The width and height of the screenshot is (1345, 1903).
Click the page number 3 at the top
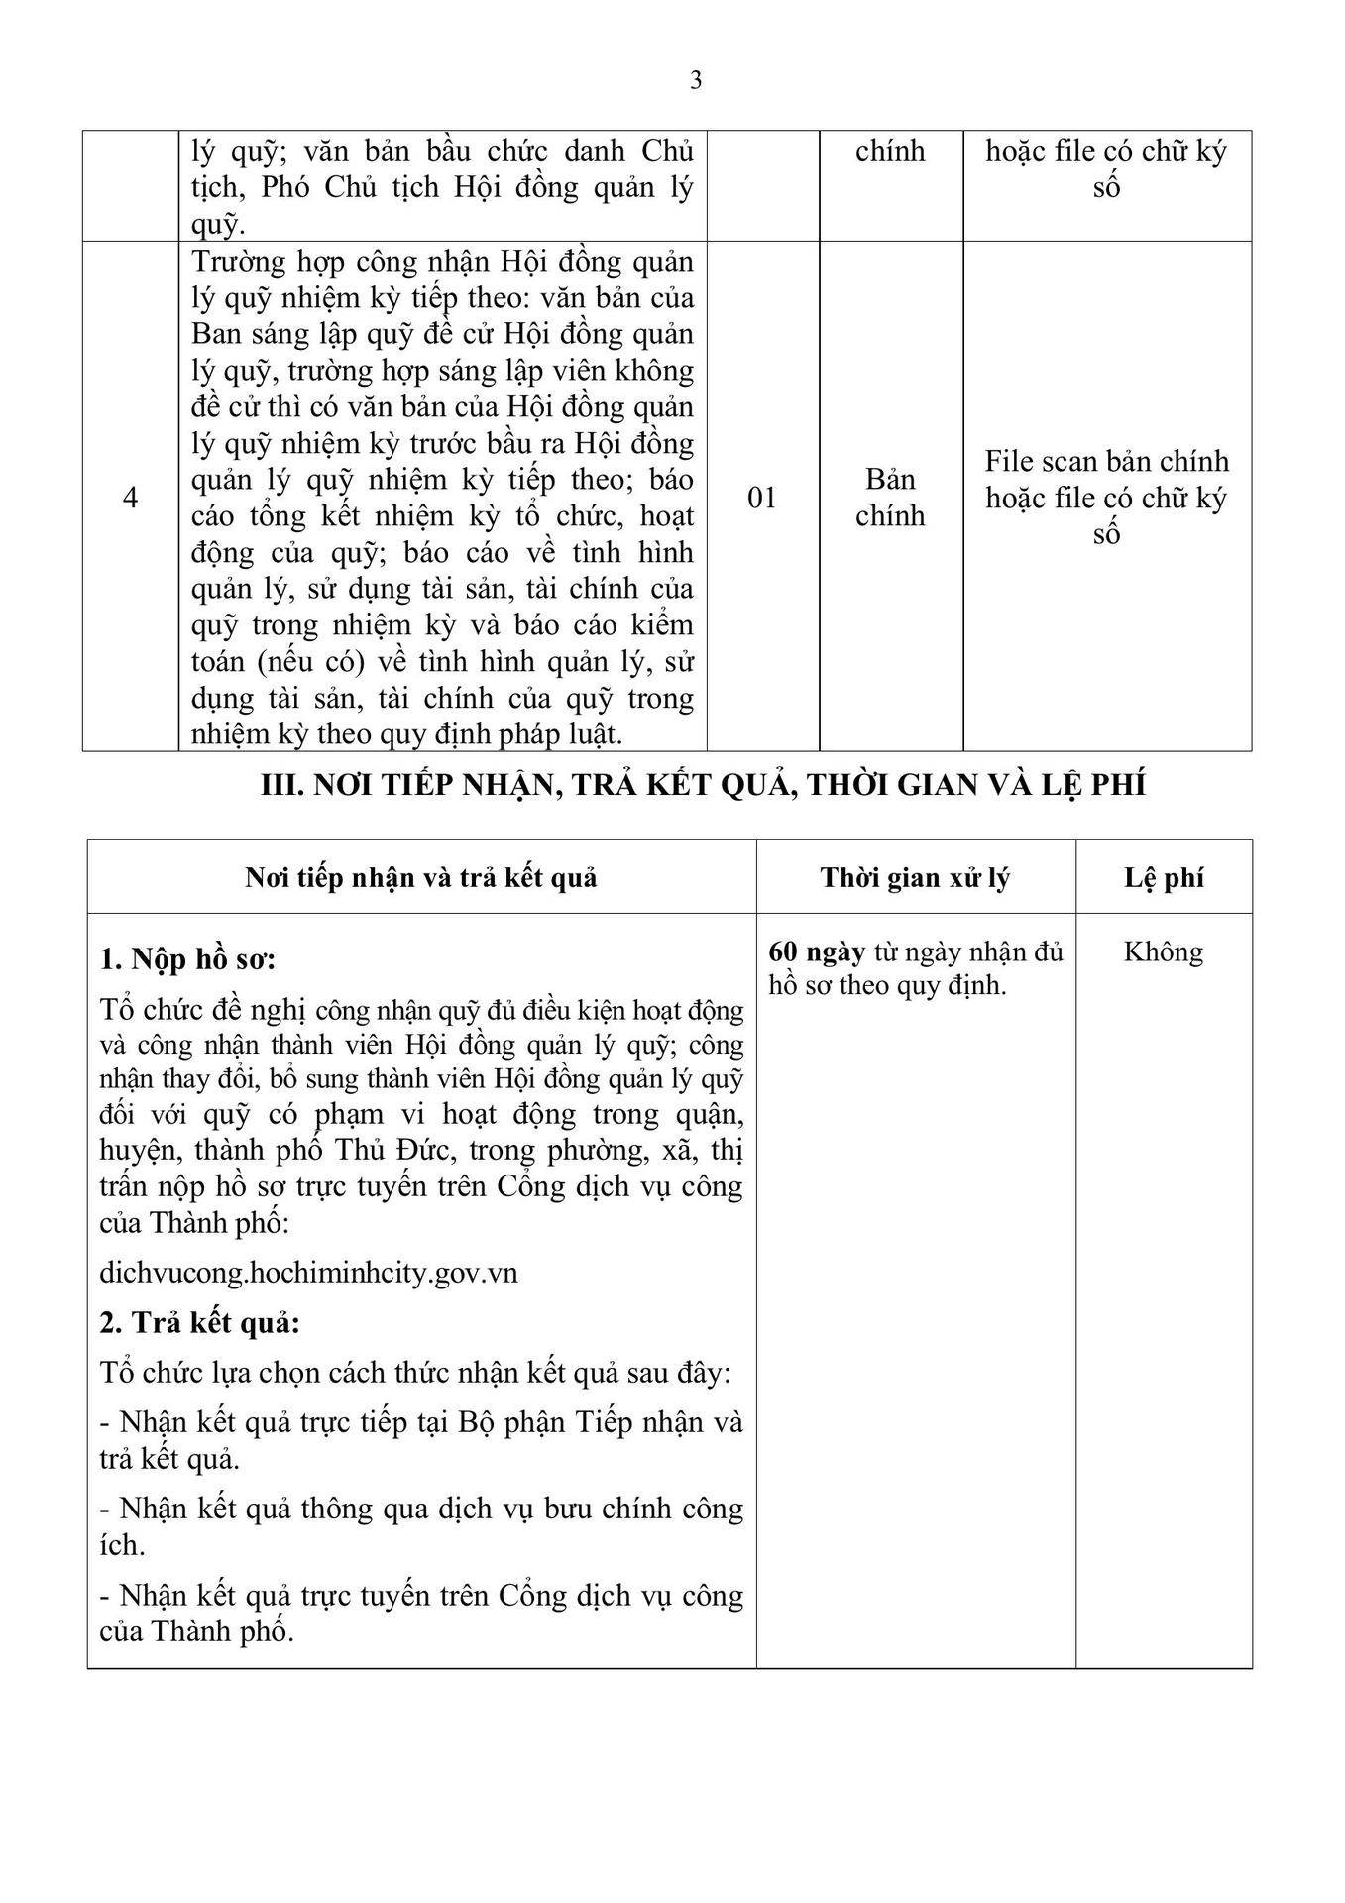coord(696,81)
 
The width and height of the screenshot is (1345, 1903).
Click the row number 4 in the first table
coord(130,498)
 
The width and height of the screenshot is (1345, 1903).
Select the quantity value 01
coord(762,498)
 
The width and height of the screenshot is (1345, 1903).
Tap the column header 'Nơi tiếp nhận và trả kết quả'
coord(421,878)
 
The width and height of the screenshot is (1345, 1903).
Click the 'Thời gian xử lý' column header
coord(915,878)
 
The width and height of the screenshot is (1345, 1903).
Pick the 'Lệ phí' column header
coord(1164,878)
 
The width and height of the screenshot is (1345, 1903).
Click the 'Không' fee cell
coord(1164,952)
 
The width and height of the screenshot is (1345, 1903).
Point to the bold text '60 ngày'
coord(817,952)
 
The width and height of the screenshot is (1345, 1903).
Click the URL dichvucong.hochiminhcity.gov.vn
coord(308,1273)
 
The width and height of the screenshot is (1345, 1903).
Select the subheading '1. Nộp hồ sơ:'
coord(187,960)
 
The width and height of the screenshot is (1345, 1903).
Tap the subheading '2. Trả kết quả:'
coord(199,1323)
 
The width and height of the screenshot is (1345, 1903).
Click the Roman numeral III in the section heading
coord(279,785)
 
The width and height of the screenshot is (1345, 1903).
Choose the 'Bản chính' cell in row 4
coord(890,498)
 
